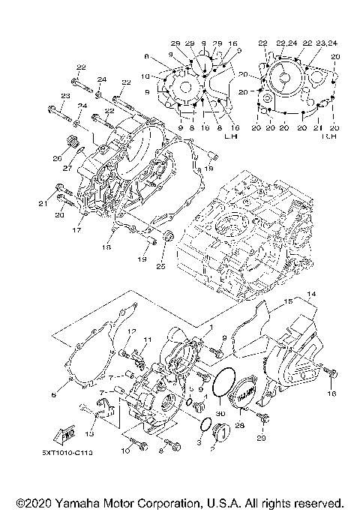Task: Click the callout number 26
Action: (x=55, y=158)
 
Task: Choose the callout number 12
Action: (x=130, y=332)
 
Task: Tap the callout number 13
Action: (x=89, y=433)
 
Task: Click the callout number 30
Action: (x=219, y=413)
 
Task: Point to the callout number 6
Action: (x=53, y=394)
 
